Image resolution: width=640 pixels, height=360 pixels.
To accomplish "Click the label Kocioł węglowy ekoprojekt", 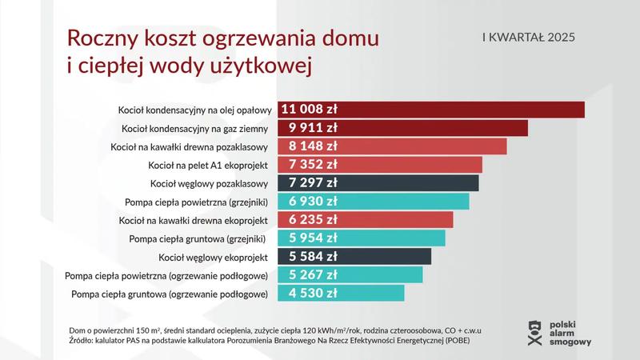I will (x=218, y=257).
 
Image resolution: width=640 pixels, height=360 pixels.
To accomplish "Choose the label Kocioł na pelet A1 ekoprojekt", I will (x=210, y=165).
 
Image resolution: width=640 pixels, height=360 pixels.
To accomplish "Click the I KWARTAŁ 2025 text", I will (x=529, y=38).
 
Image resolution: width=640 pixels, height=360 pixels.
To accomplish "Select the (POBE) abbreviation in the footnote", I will (x=454, y=341).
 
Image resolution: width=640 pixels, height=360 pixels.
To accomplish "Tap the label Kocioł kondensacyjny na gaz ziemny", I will (x=197, y=128).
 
